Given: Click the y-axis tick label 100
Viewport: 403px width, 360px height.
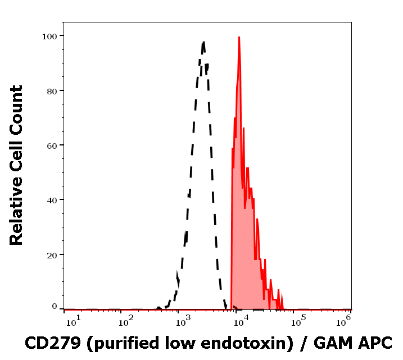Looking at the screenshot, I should click(49, 36).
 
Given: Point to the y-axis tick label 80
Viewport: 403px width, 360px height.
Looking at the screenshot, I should click(52, 90).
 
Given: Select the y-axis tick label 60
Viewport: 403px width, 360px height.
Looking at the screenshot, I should click(52, 145).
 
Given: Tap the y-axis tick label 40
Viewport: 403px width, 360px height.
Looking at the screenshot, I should click(52, 200).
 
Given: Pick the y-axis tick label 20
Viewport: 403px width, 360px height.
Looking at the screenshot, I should click(52, 255).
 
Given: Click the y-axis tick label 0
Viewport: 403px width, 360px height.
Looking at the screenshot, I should click(55, 307).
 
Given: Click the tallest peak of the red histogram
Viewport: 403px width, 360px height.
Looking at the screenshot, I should click(239, 38).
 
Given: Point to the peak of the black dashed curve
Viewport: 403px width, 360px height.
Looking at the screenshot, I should click(203, 42).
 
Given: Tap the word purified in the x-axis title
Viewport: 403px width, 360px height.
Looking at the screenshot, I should click(118, 342).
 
